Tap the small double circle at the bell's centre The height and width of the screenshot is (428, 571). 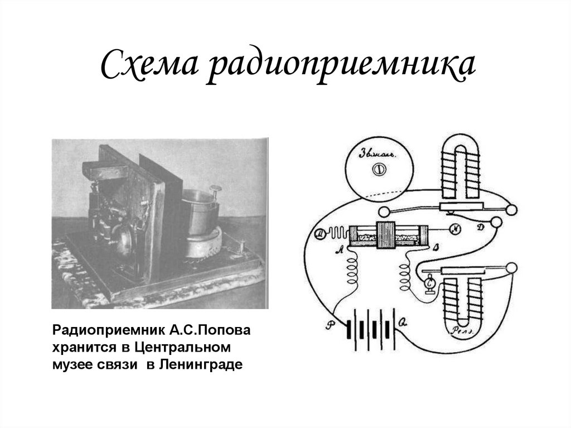pos(379,167)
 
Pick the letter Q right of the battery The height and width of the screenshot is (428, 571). pos(403,322)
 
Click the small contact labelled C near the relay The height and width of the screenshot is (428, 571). pos(429,284)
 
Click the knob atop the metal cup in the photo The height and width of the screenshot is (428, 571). pos(214,189)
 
